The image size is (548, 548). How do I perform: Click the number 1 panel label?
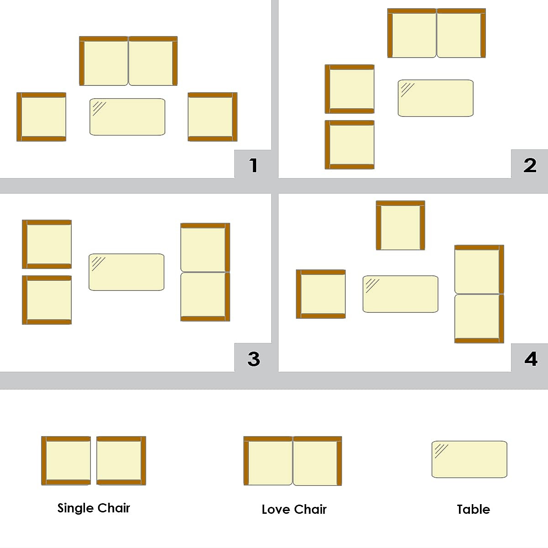point(254,165)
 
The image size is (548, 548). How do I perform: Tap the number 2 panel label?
point(530,165)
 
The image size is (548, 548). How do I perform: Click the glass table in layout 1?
point(127,117)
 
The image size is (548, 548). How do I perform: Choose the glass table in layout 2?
point(436,98)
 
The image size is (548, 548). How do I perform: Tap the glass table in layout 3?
point(126,272)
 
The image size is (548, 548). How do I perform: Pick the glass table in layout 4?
point(400,294)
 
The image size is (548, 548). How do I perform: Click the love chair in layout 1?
point(128,61)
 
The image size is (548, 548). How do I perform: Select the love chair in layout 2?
point(437,33)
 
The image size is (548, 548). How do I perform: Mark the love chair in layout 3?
point(205,272)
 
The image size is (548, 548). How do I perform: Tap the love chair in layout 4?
point(479,294)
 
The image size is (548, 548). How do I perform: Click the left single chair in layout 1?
point(42,117)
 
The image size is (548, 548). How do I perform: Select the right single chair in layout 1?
point(212,117)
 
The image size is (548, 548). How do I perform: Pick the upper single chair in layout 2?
point(350,89)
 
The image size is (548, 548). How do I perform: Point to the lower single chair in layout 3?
point(47,300)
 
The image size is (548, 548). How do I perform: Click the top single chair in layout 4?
point(400,226)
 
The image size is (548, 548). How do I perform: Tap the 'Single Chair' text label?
point(94,508)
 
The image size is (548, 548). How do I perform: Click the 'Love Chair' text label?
point(294,510)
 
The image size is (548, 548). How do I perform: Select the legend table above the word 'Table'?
point(469,459)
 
